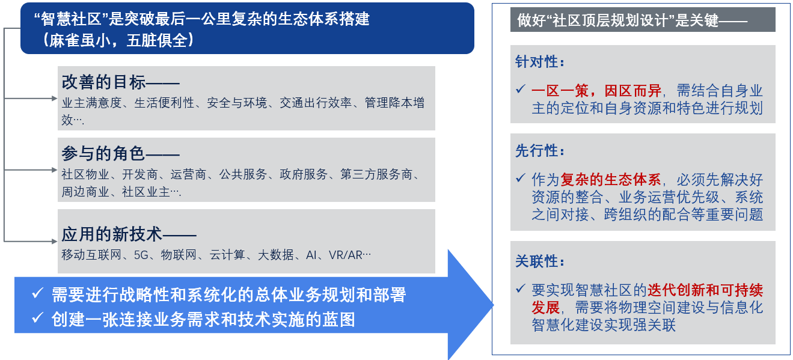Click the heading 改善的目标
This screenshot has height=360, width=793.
pos(104,82)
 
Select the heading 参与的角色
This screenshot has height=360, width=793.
pos(103,154)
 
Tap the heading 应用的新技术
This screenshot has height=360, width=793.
pos(112,234)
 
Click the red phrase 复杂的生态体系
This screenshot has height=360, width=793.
pos(610,180)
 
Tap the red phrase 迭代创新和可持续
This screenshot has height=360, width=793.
pos(705,290)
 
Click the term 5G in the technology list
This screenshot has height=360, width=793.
pos(141,255)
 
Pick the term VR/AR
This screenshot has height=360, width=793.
pos(345,255)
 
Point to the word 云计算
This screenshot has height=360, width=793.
pos(227,255)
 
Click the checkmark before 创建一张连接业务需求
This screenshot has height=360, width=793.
pos(37,317)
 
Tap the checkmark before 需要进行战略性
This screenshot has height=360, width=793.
pos(37,293)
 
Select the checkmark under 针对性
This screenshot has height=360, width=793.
pos(520,88)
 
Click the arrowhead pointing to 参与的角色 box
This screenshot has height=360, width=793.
pos(55,170)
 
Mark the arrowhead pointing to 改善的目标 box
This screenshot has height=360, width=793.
pos(55,99)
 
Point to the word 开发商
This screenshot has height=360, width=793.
pos(140,174)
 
